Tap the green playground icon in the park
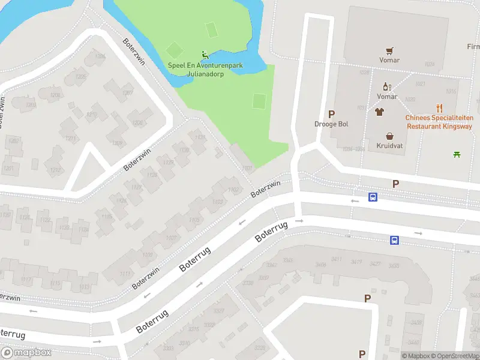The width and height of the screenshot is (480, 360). [x=205, y=54]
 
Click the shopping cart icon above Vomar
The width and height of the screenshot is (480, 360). [x=390, y=50]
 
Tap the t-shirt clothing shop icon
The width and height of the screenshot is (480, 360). [x=379, y=112]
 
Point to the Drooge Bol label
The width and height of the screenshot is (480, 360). [x=331, y=124]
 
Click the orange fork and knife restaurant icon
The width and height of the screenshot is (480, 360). [x=440, y=109]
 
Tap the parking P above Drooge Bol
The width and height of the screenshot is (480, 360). [x=331, y=114]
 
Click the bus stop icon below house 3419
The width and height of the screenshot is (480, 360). [x=394, y=241]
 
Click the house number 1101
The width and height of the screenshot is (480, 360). [x=247, y=169]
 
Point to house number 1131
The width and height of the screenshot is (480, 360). [x=200, y=138]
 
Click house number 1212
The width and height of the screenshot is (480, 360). [x=55, y=170]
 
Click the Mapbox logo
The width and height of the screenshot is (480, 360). [x=26, y=352]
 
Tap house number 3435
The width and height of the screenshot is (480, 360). [x=394, y=266]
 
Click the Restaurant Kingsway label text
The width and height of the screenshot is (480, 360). [x=439, y=127]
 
